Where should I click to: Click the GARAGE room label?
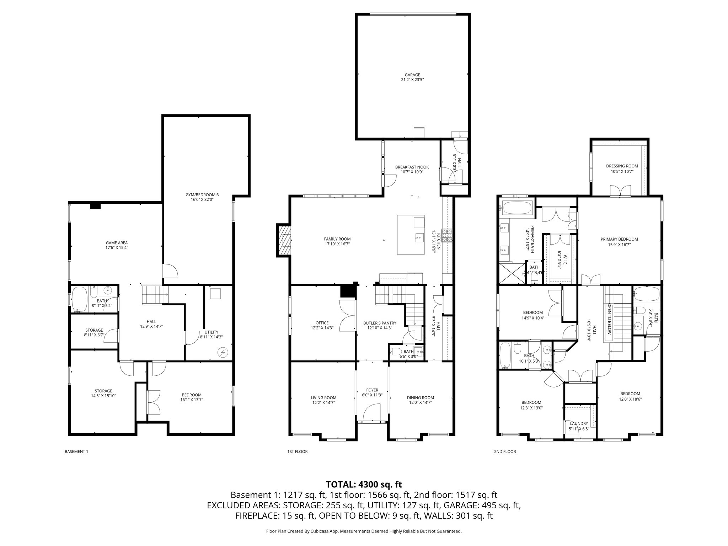[412, 75]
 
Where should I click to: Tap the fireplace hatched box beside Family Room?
[284, 240]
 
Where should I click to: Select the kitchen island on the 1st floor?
[411, 235]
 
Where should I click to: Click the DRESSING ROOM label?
[622, 166]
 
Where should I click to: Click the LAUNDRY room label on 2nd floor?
[579, 423]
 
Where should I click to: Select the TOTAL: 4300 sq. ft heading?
[364, 484]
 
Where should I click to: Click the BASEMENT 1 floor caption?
[76, 452]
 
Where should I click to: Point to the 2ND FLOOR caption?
[505, 452]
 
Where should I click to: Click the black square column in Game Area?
[95, 206]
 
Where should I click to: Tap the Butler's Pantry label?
[380, 323]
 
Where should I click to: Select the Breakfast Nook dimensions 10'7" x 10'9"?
[412, 172]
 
